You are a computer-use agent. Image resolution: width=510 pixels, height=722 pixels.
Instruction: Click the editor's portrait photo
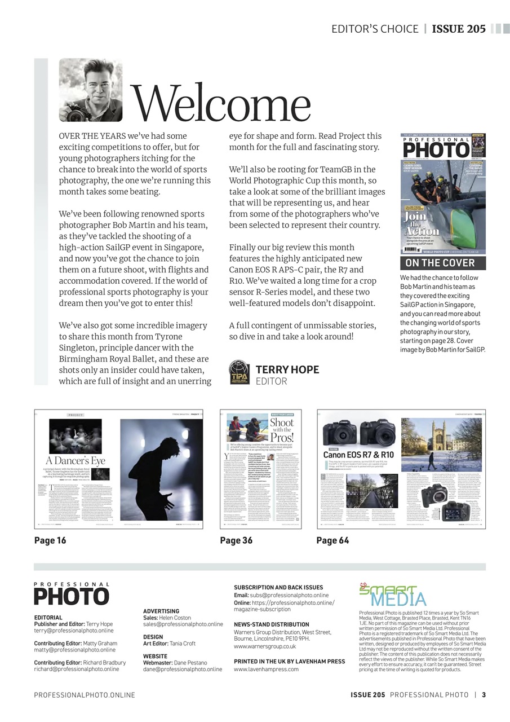(x=91, y=90)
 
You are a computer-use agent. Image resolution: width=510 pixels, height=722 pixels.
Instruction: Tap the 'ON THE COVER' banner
(x=440, y=263)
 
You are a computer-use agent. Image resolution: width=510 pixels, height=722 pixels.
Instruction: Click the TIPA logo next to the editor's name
(x=239, y=373)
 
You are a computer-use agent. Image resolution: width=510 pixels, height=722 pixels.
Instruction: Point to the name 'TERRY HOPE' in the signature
(x=287, y=369)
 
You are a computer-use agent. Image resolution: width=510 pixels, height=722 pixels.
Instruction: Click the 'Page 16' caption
(x=50, y=540)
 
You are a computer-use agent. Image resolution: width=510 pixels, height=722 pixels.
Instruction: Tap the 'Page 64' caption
(x=332, y=540)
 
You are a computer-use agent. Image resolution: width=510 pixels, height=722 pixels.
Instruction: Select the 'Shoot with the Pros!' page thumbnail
(x=260, y=469)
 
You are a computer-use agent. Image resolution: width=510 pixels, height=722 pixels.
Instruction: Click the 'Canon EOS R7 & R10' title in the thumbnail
(x=358, y=455)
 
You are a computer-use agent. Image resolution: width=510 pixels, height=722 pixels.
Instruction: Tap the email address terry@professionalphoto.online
(x=74, y=631)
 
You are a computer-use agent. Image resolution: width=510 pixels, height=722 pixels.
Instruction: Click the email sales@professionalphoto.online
(x=183, y=624)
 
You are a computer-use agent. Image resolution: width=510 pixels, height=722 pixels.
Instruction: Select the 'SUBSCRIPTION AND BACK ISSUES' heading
(x=278, y=588)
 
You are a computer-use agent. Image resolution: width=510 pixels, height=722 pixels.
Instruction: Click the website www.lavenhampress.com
(x=266, y=670)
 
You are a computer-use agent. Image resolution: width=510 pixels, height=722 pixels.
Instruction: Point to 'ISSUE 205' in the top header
(x=458, y=29)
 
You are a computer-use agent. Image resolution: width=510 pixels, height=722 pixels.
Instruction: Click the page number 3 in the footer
(x=484, y=695)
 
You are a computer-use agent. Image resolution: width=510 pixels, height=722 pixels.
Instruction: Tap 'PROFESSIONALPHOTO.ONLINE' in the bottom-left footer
(x=85, y=695)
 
